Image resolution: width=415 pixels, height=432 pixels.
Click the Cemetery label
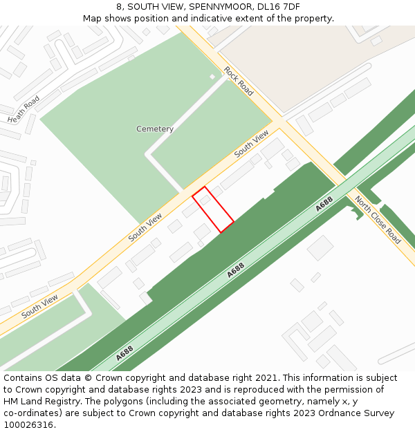click(155, 129)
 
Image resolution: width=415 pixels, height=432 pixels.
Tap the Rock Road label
click(239, 80)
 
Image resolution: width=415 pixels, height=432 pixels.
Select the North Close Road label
click(378, 220)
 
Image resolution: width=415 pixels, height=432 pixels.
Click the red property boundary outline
click(213, 209)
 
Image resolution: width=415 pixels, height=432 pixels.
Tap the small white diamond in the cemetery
click(212, 76)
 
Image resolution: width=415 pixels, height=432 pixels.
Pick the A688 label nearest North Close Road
click(324, 204)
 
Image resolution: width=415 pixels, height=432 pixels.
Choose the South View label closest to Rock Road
click(251, 143)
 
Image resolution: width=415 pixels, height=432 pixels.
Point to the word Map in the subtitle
click(93, 19)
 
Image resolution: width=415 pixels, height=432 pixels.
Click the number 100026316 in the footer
click(28, 425)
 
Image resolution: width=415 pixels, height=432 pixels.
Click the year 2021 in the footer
click(265, 378)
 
